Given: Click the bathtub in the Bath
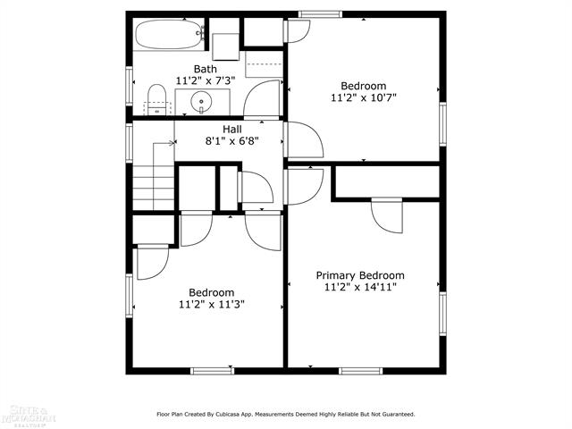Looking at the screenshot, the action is (169, 34).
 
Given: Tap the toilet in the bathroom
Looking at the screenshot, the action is (157, 100).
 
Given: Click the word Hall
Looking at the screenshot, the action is (232, 129).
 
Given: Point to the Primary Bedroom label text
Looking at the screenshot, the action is (360, 275).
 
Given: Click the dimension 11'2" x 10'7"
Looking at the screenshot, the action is (364, 97).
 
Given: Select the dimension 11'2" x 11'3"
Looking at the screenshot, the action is (212, 304).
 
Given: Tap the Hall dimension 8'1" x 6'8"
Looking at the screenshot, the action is (232, 141).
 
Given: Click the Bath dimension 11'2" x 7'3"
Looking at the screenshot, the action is (206, 80).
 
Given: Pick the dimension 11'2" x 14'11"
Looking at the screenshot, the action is (360, 287).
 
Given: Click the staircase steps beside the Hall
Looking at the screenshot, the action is (154, 188).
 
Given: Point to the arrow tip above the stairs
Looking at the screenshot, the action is (173, 143).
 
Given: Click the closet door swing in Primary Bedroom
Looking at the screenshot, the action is (387, 216).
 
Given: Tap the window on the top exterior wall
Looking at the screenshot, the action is (320, 14).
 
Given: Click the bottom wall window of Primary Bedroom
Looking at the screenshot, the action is (361, 371).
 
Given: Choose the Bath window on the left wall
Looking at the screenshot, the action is (129, 86).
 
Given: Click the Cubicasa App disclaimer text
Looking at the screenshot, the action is (286, 415).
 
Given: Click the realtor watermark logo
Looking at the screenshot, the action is (28, 416).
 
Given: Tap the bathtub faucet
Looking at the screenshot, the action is (200, 33).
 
